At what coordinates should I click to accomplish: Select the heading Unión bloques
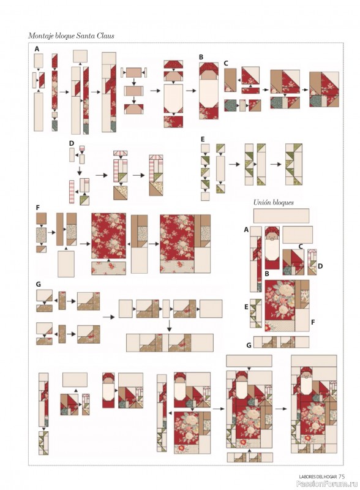coord(274,203)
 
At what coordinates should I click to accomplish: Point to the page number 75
coord(342,477)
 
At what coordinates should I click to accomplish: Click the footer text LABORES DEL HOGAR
coord(318,477)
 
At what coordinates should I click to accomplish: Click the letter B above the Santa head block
coord(201,57)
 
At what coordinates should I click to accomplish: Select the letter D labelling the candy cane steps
coord(72,143)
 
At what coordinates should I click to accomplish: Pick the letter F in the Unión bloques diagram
coord(312,321)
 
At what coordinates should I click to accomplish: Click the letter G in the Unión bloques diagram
coord(249,345)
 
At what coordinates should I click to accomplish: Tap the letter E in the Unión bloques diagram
coord(246,307)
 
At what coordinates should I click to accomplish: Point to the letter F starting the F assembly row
coord(38,208)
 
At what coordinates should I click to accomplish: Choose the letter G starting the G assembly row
coord(39,284)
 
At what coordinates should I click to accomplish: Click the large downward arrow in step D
coord(80,171)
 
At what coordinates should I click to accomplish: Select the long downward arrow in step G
coord(170,325)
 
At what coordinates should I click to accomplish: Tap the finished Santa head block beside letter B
coord(209,91)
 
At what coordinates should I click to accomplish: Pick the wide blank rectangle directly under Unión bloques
coord(281,216)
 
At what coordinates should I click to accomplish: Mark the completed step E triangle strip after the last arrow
coord(294,164)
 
